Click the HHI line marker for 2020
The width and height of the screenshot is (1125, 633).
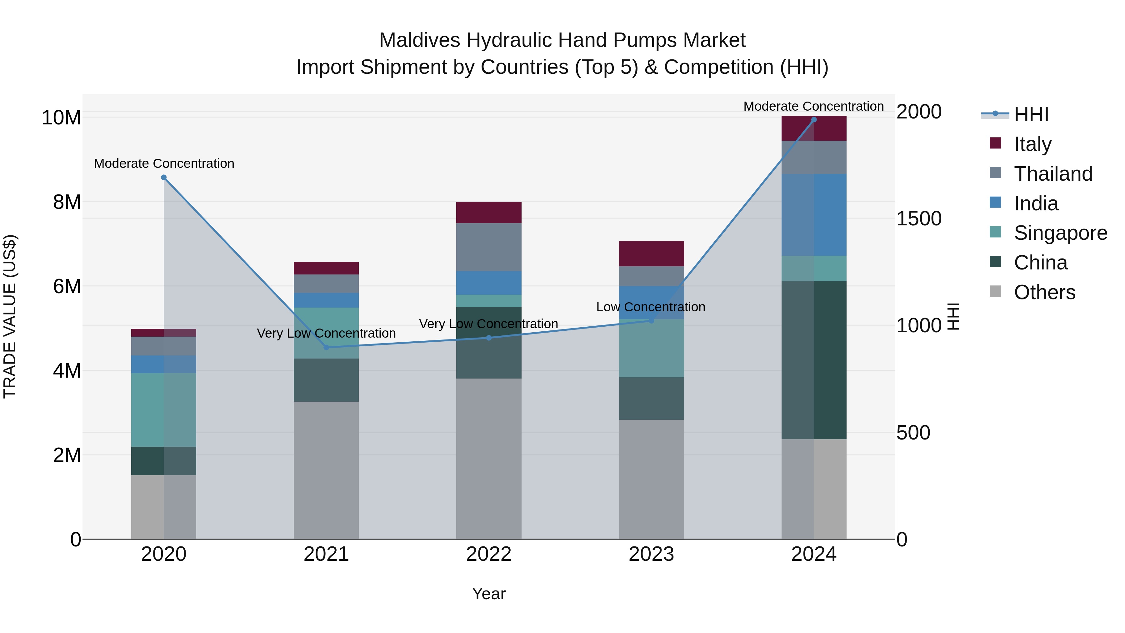[x=164, y=177]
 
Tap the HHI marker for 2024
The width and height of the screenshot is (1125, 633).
[x=814, y=120]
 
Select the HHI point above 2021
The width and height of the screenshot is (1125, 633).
[x=326, y=347]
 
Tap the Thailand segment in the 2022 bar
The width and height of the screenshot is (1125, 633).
[x=489, y=247]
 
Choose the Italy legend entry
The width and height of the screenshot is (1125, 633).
[x=1032, y=144]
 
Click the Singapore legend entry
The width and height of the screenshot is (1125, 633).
[x=1060, y=233]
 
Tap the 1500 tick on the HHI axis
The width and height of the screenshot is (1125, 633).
[x=919, y=219]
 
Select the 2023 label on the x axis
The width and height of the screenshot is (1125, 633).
[x=651, y=554]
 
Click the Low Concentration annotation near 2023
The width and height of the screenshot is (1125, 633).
[x=651, y=307]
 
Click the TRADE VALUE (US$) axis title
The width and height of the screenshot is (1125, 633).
[x=10, y=316]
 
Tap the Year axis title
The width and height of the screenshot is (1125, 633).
[x=489, y=594]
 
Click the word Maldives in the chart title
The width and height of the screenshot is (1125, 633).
[x=419, y=40]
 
